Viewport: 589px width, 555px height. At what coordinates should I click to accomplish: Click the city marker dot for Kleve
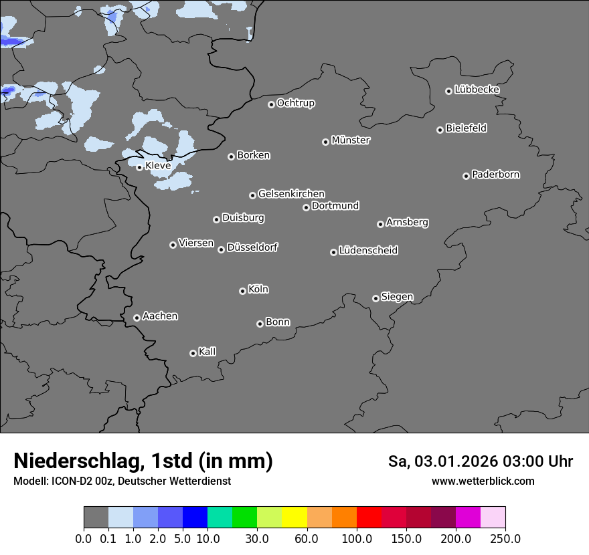pos(139,167)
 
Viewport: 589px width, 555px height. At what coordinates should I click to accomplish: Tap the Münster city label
pos(351,140)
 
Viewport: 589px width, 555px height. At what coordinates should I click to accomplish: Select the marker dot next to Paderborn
pos(466,176)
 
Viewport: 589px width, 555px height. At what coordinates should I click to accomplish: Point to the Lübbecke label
pos(477,90)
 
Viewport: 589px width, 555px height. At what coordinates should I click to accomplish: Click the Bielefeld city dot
pos(440,130)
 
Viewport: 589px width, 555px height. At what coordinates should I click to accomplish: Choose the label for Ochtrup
pos(296,103)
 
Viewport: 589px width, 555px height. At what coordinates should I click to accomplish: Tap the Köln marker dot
pos(242,291)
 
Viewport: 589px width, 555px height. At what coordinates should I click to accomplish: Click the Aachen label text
pos(160,316)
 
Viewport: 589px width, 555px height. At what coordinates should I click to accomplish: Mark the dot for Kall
pos(193,353)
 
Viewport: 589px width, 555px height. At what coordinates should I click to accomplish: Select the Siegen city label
pos(397,297)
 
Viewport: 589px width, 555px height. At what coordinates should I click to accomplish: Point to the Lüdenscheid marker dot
pos(333,252)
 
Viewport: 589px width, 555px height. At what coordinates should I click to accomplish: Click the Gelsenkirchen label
pos(291,194)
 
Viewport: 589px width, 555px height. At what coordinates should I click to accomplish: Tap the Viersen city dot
pos(173,245)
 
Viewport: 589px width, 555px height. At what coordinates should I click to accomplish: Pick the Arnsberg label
pos(407,222)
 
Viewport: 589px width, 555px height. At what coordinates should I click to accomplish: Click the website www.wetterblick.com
pos(483,481)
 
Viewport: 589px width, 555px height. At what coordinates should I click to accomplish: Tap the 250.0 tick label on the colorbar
pos(505,539)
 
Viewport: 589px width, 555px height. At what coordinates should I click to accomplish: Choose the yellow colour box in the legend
pos(294,518)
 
